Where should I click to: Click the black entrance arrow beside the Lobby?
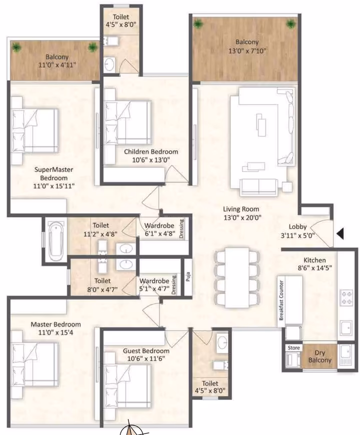(340, 233)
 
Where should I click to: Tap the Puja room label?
(188, 277)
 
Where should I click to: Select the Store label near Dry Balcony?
(293, 347)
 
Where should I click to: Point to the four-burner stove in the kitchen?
(346, 297)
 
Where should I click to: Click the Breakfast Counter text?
(281, 300)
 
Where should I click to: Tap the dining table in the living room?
(237, 277)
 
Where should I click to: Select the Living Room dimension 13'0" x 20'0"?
(242, 217)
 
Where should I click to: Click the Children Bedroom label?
(151, 152)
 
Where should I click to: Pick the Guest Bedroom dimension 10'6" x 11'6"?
(146, 358)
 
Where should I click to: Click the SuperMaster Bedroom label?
(54, 173)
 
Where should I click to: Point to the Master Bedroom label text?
(55, 324)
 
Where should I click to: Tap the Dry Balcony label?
(320, 356)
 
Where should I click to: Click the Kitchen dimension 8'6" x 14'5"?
(314, 268)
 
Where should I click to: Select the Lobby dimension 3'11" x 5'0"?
(297, 235)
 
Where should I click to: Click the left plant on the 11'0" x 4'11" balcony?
(17, 47)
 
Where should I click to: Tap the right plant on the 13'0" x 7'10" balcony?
(291, 24)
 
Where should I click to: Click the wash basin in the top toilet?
(109, 64)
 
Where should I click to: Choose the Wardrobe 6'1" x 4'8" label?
(159, 229)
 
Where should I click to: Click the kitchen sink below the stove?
(346, 328)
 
